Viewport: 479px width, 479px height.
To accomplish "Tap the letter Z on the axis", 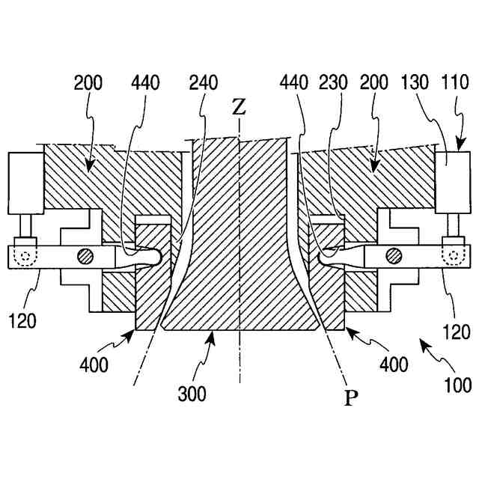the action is (x=239, y=107).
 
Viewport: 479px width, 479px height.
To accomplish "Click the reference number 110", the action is (x=456, y=82).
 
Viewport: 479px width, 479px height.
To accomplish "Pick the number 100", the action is (x=457, y=385).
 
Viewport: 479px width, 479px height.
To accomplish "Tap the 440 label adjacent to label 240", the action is (x=144, y=82).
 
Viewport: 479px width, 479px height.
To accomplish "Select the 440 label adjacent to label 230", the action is (x=295, y=82).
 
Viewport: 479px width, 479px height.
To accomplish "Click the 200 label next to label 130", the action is (x=376, y=82).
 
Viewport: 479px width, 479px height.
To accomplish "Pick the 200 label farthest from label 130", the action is (x=90, y=82).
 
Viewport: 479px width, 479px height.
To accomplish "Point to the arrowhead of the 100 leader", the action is (x=421, y=342).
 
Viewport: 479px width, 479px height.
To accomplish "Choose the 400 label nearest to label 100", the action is (x=393, y=364).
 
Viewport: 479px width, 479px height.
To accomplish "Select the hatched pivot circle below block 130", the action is (x=391, y=257).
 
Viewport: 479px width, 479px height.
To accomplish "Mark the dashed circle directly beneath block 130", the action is (x=453, y=256).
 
